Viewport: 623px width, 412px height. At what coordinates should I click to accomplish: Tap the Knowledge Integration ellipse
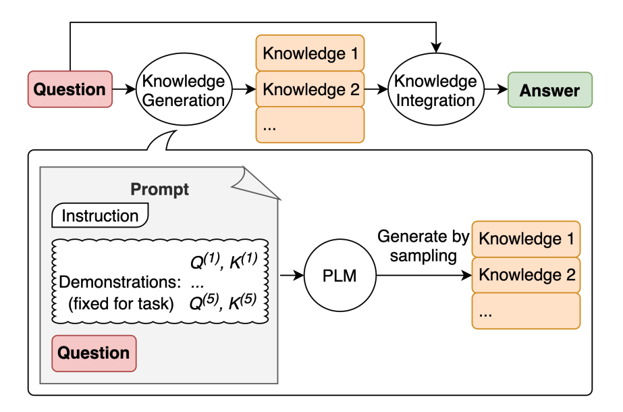coord(435,91)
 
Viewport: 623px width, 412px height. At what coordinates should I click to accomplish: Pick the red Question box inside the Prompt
coord(94,353)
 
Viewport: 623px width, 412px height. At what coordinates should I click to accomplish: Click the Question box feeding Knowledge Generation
coord(70,89)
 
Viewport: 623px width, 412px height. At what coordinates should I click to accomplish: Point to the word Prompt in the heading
coord(159,190)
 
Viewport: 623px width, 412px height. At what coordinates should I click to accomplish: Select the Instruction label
coord(100,216)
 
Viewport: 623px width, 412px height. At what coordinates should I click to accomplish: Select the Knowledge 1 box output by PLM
coord(526,238)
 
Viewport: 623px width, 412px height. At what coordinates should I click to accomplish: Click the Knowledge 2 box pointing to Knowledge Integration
coord(310,89)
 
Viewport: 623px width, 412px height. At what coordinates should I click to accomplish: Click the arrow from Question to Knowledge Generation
coord(124,89)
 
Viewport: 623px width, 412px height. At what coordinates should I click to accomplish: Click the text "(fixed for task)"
coord(121,304)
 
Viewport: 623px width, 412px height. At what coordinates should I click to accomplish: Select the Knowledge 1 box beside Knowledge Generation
coord(310,53)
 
